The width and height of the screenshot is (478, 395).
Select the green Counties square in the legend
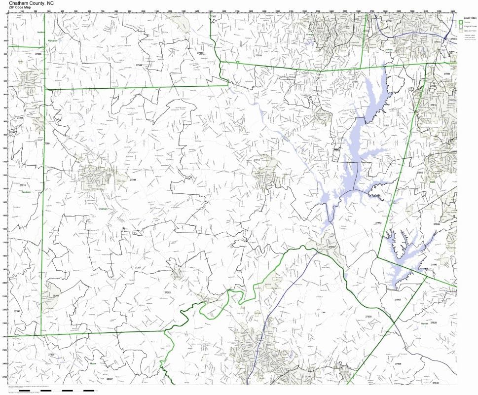461,22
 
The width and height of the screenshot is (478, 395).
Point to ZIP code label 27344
133,180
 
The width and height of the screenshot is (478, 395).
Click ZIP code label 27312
257,160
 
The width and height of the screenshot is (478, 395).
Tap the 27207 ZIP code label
138,267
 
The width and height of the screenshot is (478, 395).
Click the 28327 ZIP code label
110,379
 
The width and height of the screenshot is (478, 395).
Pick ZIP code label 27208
56,295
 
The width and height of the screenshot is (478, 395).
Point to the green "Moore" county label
93,364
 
